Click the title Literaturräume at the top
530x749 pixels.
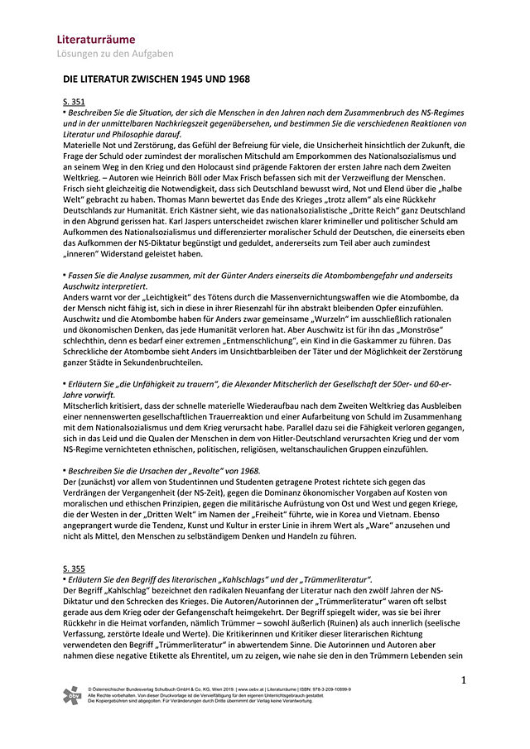point(95,39)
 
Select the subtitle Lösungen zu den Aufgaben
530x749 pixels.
point(115,54)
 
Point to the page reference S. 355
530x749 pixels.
point(74,568)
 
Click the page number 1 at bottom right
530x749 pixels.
point(464,680)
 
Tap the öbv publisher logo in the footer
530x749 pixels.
point(72,696)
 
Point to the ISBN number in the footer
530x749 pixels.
point(331,688)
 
